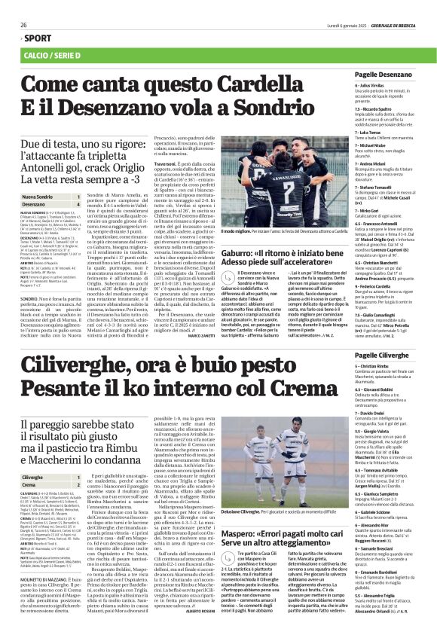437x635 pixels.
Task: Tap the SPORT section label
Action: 33,38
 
